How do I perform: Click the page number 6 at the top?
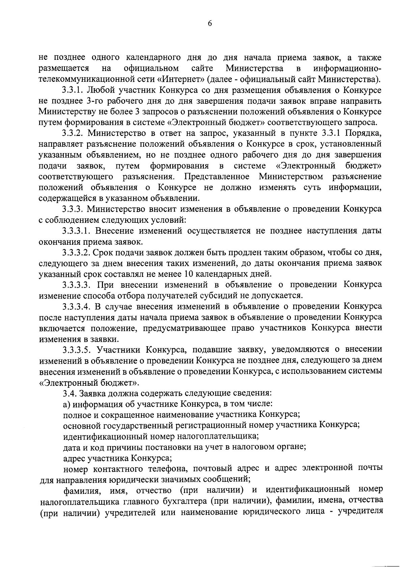210,23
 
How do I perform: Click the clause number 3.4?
70,393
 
